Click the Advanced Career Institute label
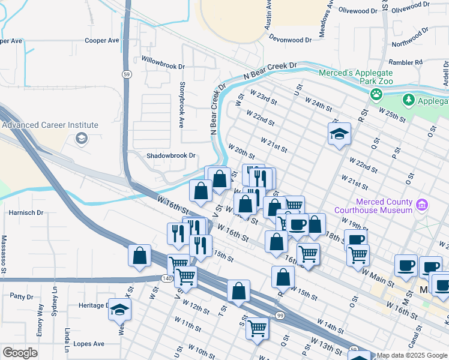(x=50, y=125)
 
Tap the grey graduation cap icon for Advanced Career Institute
(x=80, y=139)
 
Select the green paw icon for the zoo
(x=376, y=94)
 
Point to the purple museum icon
(x=422, y=206)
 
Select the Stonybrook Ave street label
(x=181, y=105)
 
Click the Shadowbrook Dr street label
(x=171, y=155)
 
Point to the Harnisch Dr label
(x=26, y=212)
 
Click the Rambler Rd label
(x=406, y=62)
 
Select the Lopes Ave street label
(x=88, y=344)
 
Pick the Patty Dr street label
(x=22, y=296)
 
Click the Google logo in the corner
(x=20, y=353)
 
